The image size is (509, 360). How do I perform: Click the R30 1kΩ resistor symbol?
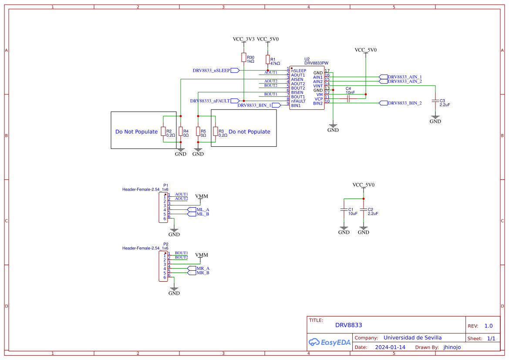[x=244, y=57]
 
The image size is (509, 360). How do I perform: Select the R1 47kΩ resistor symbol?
[x=267, y=60]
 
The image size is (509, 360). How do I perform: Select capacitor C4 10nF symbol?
[x=349, y=99]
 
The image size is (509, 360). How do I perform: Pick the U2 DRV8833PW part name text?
[x=316, y=63]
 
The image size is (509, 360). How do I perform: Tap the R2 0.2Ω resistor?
[x=163, y=131]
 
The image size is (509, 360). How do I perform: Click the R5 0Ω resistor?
[x=198, y=131]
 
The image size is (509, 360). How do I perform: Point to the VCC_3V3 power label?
[x=244, y=39]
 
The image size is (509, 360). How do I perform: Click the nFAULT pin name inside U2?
[x=298, y=101]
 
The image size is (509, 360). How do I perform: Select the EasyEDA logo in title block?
[x=329, y=342]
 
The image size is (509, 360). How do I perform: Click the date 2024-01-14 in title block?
[x=390, y=347]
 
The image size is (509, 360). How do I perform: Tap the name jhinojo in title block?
[x=452, y=347]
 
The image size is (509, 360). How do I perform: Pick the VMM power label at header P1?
[x=202, y=196]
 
